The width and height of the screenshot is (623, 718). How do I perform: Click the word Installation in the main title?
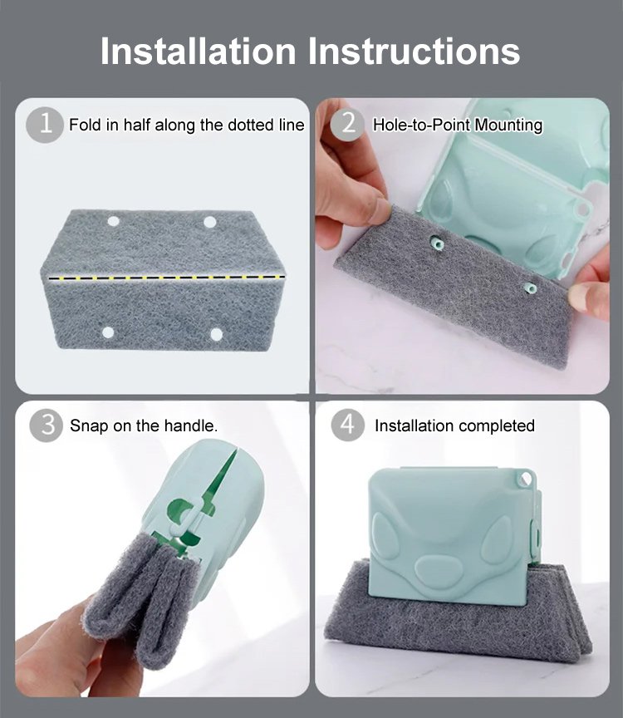[199, 51]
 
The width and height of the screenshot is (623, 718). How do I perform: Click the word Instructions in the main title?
[415, 51]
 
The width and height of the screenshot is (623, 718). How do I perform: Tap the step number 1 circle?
[45, 124]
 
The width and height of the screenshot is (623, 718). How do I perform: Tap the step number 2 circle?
[348, 124]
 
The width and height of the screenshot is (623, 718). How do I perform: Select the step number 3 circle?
[47, 425]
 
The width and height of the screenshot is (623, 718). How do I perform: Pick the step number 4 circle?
[348, 425]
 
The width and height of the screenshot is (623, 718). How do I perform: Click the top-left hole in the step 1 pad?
[113, 222]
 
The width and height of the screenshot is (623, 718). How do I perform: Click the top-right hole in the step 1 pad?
[209, 223]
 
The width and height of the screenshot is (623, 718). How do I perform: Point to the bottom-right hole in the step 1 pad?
[216, 335]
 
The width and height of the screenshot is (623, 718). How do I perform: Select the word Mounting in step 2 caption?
[508, 125]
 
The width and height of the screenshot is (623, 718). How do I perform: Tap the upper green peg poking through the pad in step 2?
[439, 243]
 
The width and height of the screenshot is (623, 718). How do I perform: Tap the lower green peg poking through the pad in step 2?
[530, 288]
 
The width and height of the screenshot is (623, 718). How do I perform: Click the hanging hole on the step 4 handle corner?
[526, 479]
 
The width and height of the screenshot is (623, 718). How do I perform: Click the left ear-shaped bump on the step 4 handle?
[386, 536]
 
